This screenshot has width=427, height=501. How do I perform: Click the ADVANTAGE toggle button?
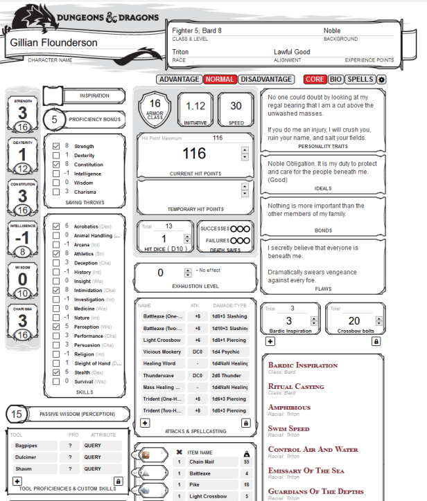[180, 80]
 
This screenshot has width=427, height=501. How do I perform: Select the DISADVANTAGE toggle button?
[265, 80]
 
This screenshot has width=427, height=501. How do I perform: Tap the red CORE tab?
[315, 80]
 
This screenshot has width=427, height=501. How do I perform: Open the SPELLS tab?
[360, 80]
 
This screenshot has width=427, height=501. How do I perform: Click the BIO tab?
[335, 80]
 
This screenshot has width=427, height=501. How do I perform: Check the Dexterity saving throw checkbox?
[56, 156]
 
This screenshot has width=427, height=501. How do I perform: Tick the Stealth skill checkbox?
[56, 372]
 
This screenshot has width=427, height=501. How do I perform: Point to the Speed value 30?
[236, 106]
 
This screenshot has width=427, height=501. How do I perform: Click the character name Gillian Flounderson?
[53, 43]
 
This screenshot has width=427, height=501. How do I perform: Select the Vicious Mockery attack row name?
[162, 352]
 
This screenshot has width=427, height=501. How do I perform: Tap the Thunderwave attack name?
[159, 375]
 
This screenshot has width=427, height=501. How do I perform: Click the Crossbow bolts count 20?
[354, 320]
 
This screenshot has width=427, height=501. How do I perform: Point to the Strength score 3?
[23, 113]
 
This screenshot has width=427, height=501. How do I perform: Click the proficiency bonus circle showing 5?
[54, 119]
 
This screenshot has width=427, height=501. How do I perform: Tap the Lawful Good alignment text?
[292, 52]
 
